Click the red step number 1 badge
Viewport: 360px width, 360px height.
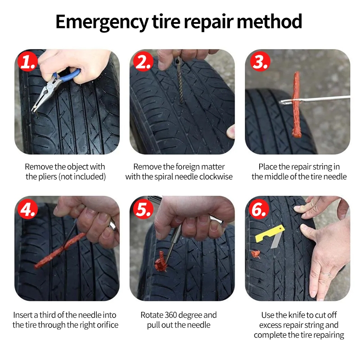(x=28, y=62)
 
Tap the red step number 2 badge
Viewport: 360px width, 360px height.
(x=143, y=62)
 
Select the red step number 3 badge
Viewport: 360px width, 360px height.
(x=261, y=62)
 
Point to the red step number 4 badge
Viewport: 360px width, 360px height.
(x=28, y=209)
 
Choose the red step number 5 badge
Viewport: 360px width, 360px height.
(x=143, y=209)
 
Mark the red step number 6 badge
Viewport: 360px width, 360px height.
(x=260, y=209)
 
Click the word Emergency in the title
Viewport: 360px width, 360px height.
(x=102, y=22)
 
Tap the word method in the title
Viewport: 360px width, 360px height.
(x=269, y=21)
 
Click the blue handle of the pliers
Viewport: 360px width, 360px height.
(x=67, y=75)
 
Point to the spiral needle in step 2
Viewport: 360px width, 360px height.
(x=179, y=81)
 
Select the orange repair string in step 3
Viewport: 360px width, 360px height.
(x=297, y=104)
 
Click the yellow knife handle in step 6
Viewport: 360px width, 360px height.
(x=270, y=233)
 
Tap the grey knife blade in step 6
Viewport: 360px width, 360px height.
(x=275, y=241)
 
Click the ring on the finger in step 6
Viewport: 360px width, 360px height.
(x=325, y=274)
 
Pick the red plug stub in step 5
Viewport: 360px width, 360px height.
(x=161, y=262)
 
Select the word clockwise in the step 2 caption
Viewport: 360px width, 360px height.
(x=216, y=176)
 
